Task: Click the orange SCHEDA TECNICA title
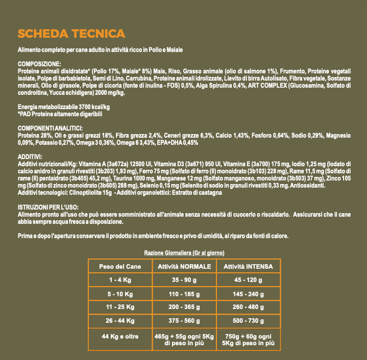pyautogui.click(x=71, y=34)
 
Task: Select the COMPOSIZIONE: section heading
pyautogui.click(x=39, y=64)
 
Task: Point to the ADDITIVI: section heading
pyautogui.click(x=30, y=156)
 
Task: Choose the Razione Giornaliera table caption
pyautogui.click(x=184, y=253)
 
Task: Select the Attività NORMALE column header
pyautogui.click(x=184, y=267)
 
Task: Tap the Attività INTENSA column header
pyautogui.click(x=248, y=267)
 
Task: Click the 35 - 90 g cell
pyautogui.click(x=184, y=280)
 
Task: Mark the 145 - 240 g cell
pyautogui.click(x=248, y=294)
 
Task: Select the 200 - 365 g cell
pyautogui.click(x=184, y=307)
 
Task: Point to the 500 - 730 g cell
pyautogui.click(x=248, y=321)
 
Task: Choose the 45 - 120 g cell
pyautogui.click(x=248, y=280)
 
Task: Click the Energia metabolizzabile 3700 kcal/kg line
pyautogui.click(x=64, y=107)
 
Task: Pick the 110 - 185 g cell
pyautogui.click(x=184, y=294)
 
